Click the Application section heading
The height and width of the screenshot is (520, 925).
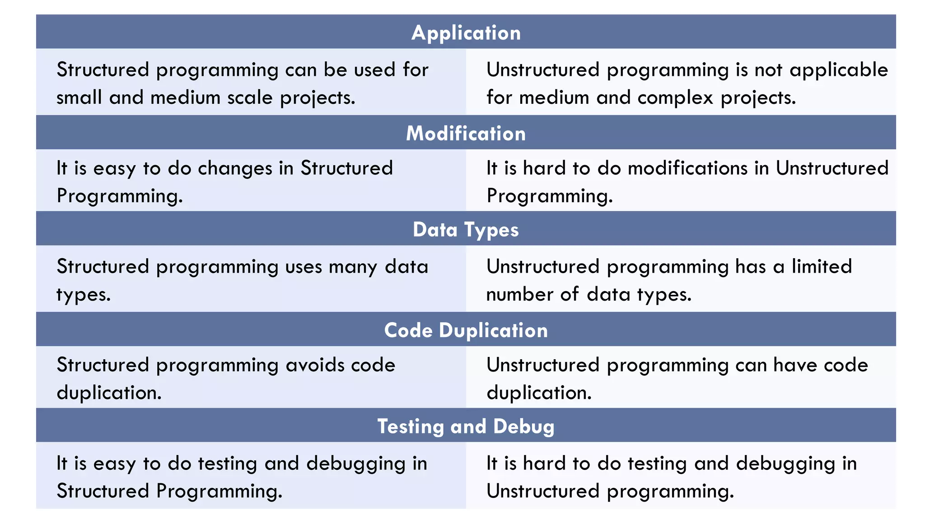tap(466, 33)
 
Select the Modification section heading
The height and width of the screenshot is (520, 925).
tap(466, 134)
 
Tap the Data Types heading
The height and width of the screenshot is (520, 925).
tap(466, 230)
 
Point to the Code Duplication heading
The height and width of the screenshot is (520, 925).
tap(466, 330)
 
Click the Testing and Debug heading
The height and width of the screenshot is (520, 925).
tap(466, 427)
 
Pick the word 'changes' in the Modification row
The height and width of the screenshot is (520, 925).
tap(235, 168)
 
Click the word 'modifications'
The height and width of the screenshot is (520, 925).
tap(688, 168)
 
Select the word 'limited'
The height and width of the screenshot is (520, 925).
tap(822, 266)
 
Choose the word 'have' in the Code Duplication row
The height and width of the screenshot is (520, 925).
tap(795, 365)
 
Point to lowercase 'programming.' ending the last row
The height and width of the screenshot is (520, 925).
tap(670, 492)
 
